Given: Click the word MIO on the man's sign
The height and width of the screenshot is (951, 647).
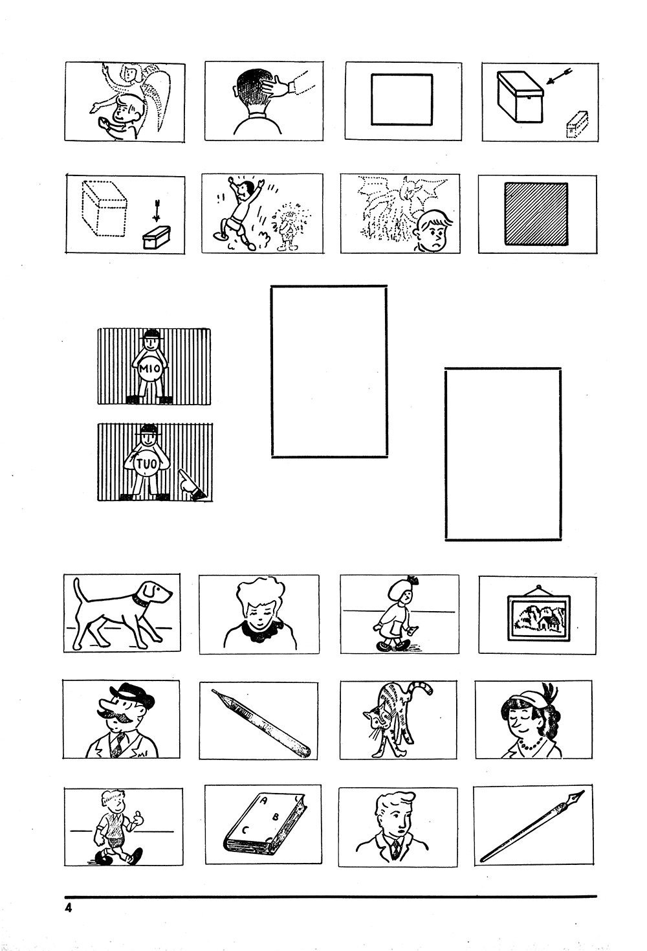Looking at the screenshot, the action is (x=150, y=368).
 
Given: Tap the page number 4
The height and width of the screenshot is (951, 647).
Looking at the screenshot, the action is (x=69, y=908).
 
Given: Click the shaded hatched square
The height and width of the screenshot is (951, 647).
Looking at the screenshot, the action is (x=536, y=214).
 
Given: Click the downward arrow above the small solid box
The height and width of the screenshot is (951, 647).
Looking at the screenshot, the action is (x=157, y=211).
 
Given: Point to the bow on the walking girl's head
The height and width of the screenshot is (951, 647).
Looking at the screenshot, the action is (x=413, y=580).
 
